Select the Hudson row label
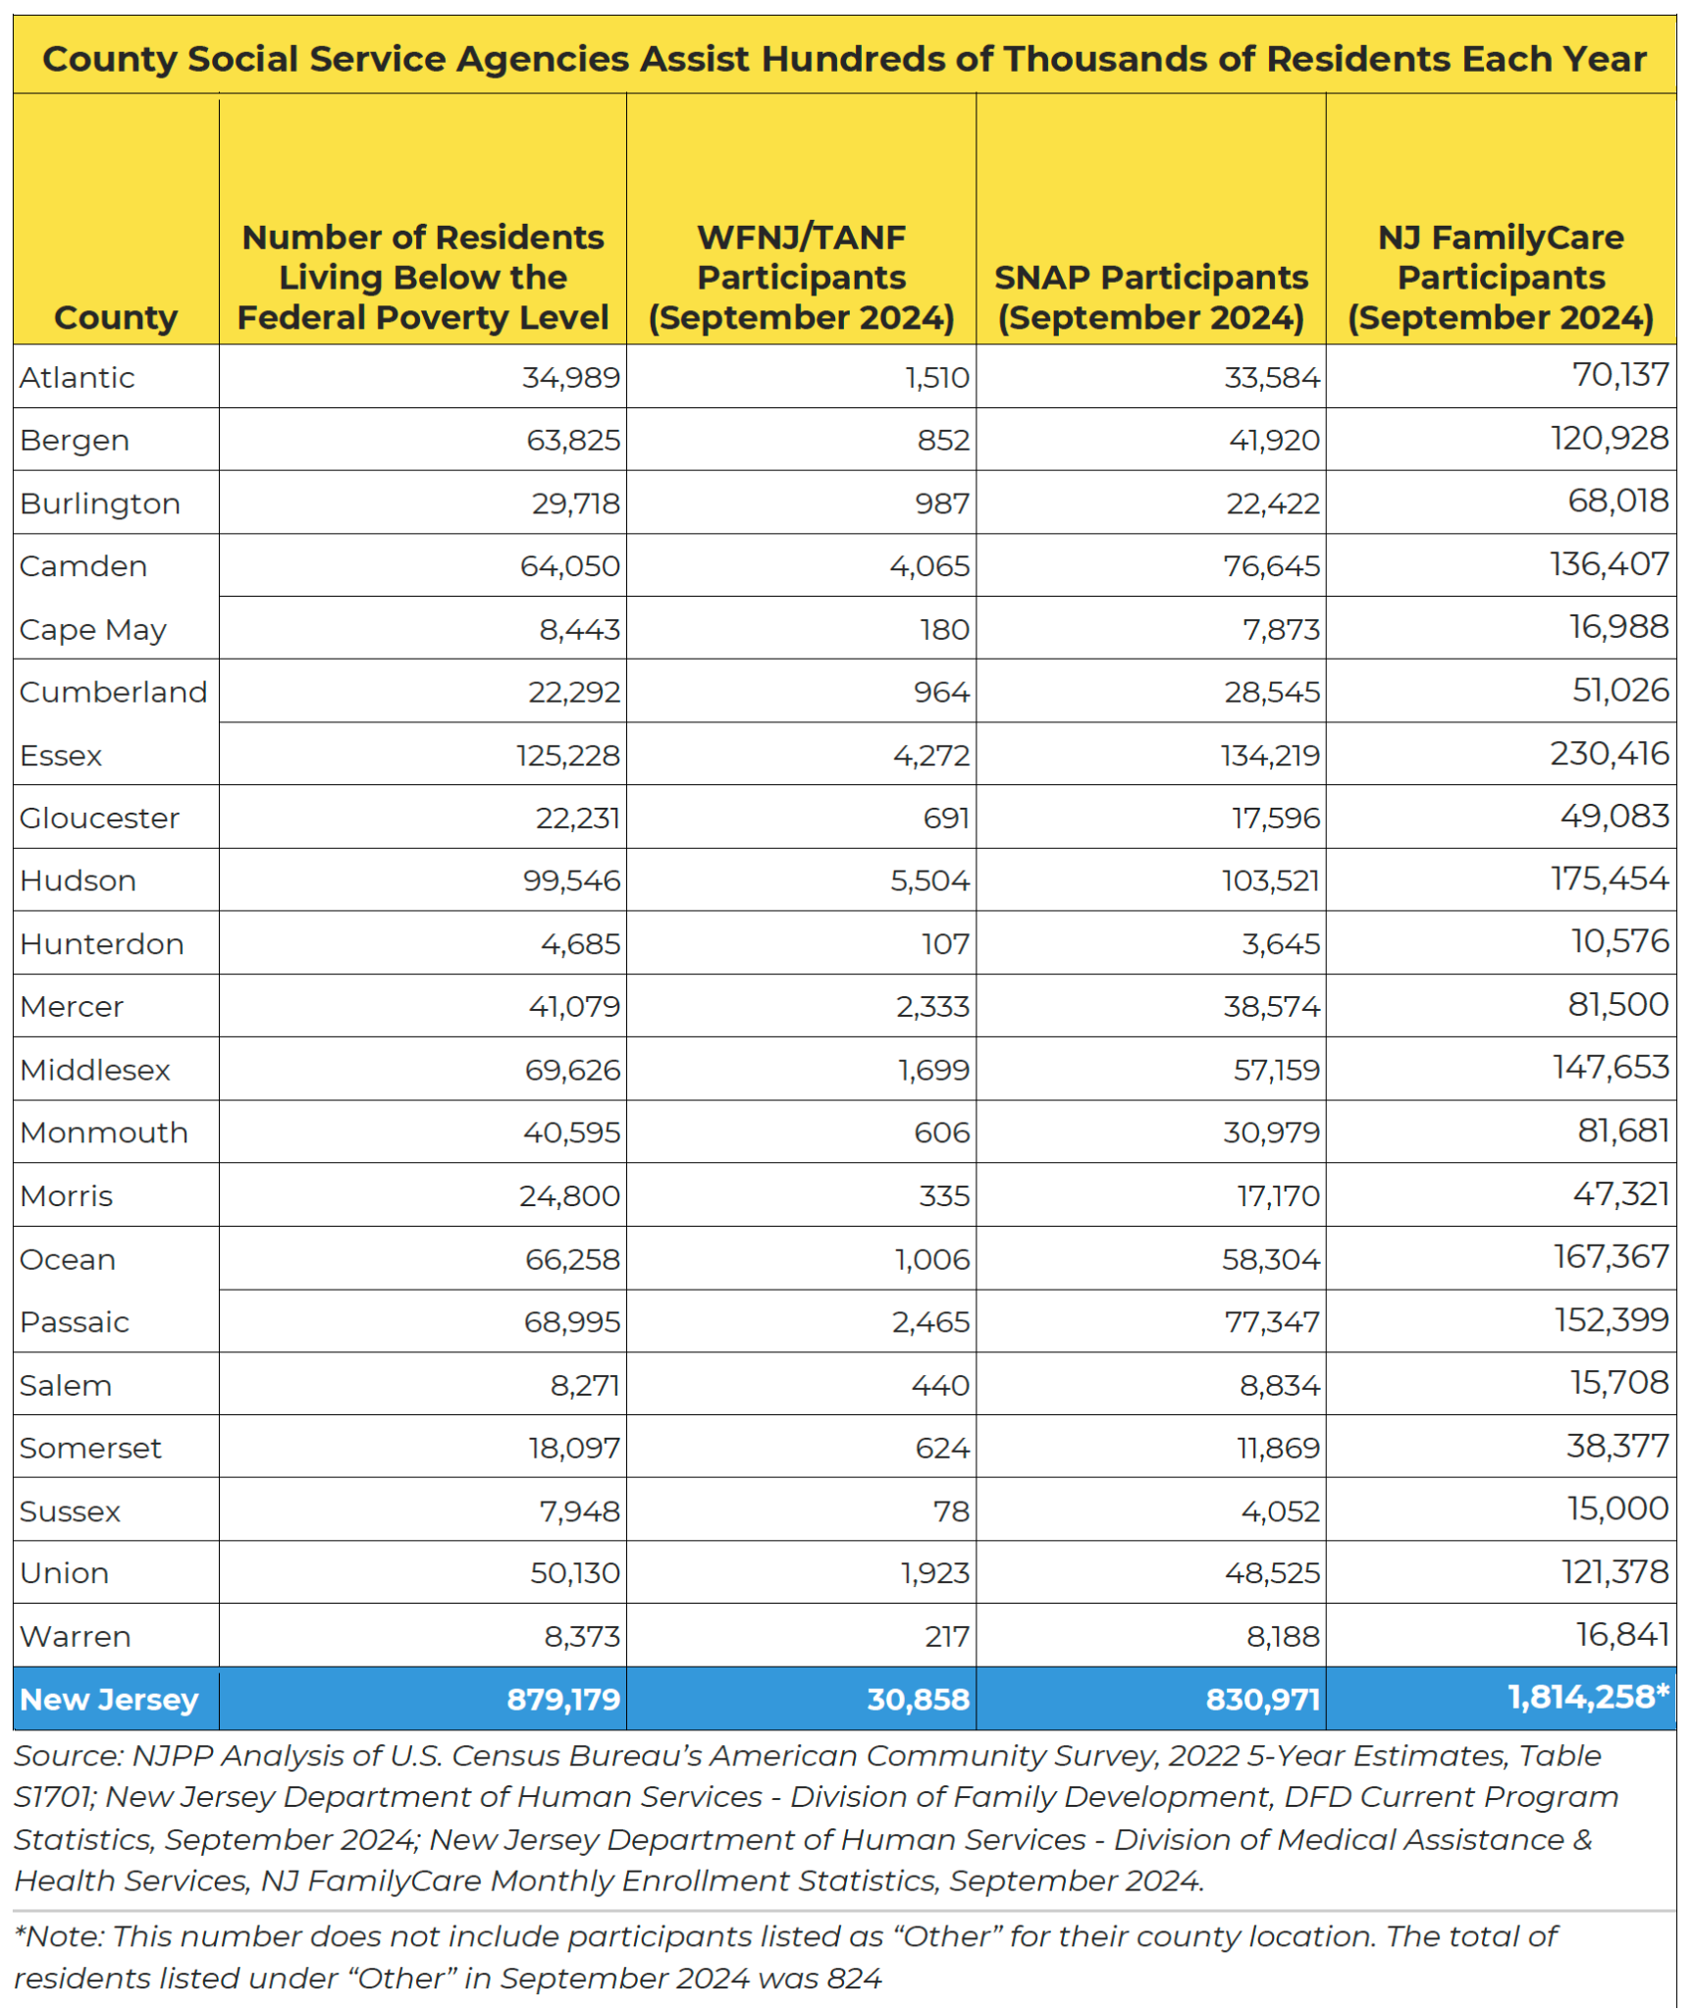click(78, 880)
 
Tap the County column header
click(116, 317)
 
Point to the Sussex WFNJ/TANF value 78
click(950, 1510)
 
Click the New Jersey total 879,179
click(562, 1699)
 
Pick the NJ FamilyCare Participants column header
click(1500, 277)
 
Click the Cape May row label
click(93, 629)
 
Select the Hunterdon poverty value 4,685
click(580, 943)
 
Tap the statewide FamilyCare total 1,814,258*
click(1587, 1697)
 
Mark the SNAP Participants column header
click(1150, 296)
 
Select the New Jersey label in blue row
click(109, 1699)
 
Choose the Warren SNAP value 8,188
click(1282, 1636)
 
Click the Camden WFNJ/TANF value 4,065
click(928, 566)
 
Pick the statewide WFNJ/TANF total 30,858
click(917, 1699)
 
